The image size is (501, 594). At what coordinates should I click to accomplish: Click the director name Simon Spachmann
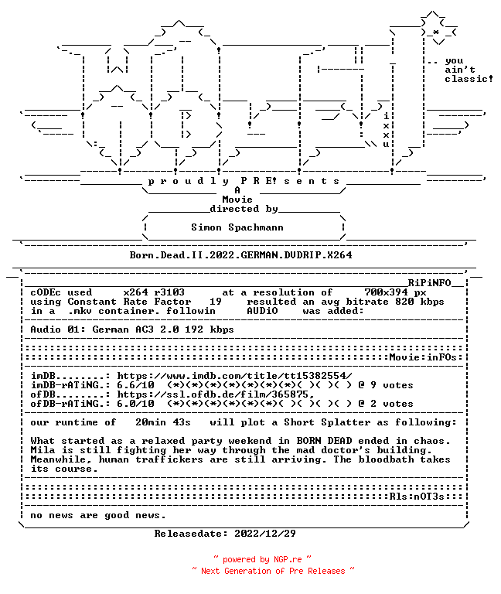pos(237,227)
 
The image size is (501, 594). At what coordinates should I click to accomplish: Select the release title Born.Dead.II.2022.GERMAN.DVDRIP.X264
pos(241,255)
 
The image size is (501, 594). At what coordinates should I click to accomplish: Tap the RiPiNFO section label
pos(429,283)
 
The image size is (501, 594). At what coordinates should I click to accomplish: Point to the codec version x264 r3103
pos(154,292)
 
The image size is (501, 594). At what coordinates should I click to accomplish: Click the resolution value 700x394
pos(386,292)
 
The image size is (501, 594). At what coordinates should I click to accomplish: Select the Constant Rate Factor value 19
pos(216,302)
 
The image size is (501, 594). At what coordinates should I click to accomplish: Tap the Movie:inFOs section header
pos(423,357)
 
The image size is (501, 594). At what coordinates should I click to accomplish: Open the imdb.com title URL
pos(234,376)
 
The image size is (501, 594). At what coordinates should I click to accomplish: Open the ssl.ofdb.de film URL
pos(216,394)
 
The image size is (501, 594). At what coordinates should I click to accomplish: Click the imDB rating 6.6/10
pos(135,385)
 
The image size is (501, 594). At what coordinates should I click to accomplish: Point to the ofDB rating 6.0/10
pos(135,404)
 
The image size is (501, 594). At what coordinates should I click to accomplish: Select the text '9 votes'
pos(391,385)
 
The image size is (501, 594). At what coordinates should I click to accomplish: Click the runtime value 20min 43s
pos(163,422)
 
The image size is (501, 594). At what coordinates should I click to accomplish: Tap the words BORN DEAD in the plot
pos(324,441)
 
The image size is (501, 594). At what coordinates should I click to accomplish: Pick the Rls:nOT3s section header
pos(417,497)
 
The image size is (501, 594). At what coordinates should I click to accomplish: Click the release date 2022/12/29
pos(265,534)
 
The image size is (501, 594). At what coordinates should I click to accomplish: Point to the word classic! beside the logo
pos(469,79)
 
